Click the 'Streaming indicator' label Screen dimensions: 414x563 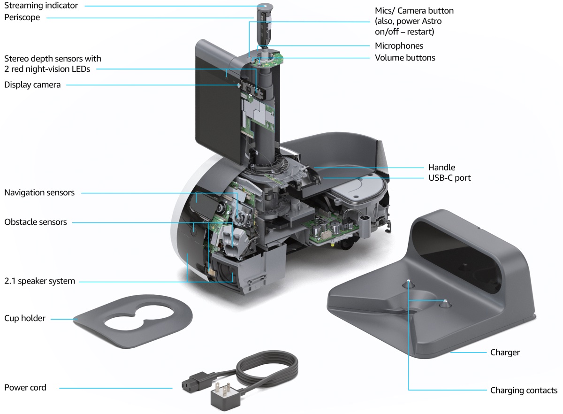tap(41, 6)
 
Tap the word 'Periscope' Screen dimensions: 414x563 tap(22, 17)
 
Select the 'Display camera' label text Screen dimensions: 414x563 tap(32, 85)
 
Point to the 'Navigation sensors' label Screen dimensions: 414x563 tap(39, 192)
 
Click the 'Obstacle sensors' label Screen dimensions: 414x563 tap(36, 222)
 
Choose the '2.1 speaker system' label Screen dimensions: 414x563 tap(39, 281)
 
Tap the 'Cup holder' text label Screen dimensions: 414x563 tap(25, 318)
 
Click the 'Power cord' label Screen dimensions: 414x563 tap(25, 387)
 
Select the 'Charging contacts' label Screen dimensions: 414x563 tap(524, 390)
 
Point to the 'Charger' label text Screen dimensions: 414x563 tap(505, 352)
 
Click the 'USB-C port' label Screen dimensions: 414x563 tap(449, 178)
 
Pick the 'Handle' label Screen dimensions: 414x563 tap(441, 167)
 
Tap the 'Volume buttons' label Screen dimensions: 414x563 tap(405, 58)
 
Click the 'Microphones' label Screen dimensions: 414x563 tap(399, 46)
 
